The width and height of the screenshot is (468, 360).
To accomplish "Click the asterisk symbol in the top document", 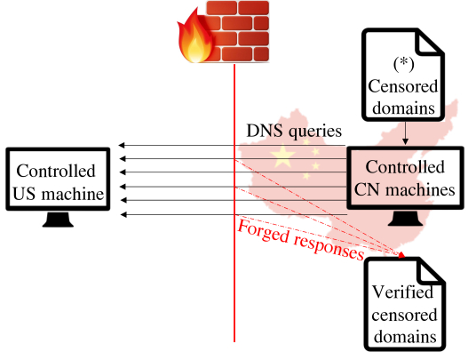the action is (x=403, y=62).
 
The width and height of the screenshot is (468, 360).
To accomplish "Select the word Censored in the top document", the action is (x=403, y=86).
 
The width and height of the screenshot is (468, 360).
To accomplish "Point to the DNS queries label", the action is (x=294, y=131).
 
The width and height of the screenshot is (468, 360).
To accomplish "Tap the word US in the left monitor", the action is (x=24, y=194).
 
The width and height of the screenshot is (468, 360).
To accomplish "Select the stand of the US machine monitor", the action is (x=58, y=220).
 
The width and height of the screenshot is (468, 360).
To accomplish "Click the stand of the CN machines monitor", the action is (x=405, y=218).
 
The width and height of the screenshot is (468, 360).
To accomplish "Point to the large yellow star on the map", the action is (x=282, y=156).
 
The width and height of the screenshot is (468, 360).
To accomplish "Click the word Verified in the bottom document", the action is (x=402, y=292).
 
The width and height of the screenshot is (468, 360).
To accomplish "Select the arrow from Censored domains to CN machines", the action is (x=405, y=132).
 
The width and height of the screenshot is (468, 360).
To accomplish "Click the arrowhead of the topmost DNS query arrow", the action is (x=121, y=145).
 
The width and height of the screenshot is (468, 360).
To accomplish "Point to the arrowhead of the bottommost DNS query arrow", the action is (x=123, y=214).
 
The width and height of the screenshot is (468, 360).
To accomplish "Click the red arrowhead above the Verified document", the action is (x=401, y=255).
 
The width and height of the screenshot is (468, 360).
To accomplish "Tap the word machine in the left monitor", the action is (x=72, y=194).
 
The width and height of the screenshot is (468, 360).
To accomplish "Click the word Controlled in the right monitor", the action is (x=405, y=167).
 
